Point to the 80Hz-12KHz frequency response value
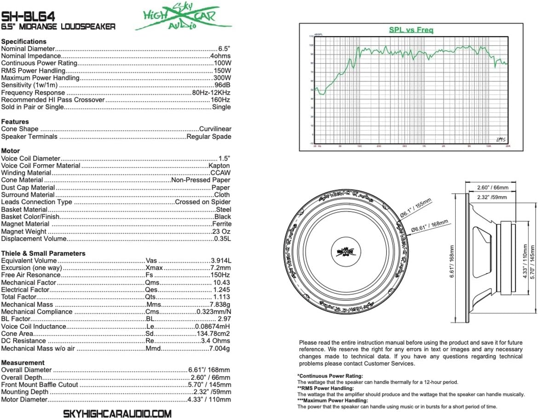(212, 92)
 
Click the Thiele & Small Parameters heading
(43, 253)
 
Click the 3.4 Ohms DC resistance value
(215, 341)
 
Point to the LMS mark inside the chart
(501, 139)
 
